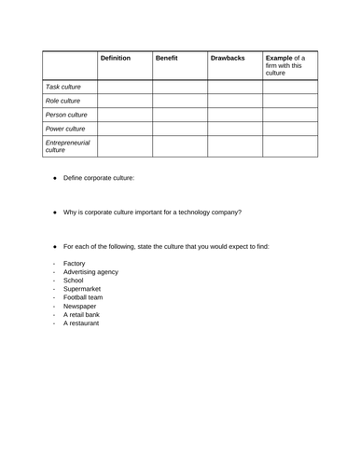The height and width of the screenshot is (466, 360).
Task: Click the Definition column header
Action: [116, 58]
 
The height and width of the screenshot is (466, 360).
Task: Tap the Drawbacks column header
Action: [228, 58]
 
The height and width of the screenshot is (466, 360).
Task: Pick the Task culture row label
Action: [64, 87]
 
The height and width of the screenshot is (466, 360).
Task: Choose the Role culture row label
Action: [64, 101]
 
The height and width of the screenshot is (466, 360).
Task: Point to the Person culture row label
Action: [67, 115]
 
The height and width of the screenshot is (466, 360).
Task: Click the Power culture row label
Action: [66, 129]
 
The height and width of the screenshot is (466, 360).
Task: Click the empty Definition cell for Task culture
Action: [124, 87]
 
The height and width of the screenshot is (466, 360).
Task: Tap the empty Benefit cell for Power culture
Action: [179, 129]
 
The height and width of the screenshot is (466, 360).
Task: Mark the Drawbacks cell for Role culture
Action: [234, 101]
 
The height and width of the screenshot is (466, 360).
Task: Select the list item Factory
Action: [75, 264]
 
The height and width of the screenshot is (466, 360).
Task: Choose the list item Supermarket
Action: [82, 289]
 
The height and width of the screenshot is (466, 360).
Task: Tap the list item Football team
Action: [83, 297]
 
